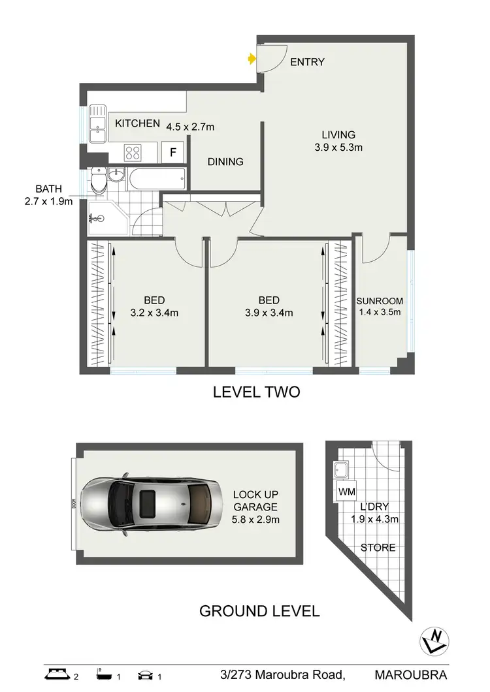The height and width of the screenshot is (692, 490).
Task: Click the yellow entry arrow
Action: (x=252, y=59)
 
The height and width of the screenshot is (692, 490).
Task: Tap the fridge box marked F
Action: (x=172, y=153)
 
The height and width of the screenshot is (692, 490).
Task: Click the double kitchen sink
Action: (x=98, y=124)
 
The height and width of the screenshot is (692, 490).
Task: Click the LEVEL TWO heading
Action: (x=256, y=392)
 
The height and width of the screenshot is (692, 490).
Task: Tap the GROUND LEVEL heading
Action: (x=259, y=611)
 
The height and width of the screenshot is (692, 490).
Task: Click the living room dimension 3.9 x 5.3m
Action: (x=338, y=148)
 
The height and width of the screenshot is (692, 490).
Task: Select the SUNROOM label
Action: (x=380, y=301)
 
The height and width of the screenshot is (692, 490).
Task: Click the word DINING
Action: (x=225, y=162)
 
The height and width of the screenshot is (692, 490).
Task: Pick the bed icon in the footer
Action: (x=57, y=674)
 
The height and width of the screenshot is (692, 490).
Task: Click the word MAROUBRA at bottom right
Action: (x=411, y=674)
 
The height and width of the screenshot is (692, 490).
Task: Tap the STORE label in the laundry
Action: (x=378, y=547)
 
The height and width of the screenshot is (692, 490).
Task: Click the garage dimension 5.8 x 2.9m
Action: (x=255, y=520)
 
